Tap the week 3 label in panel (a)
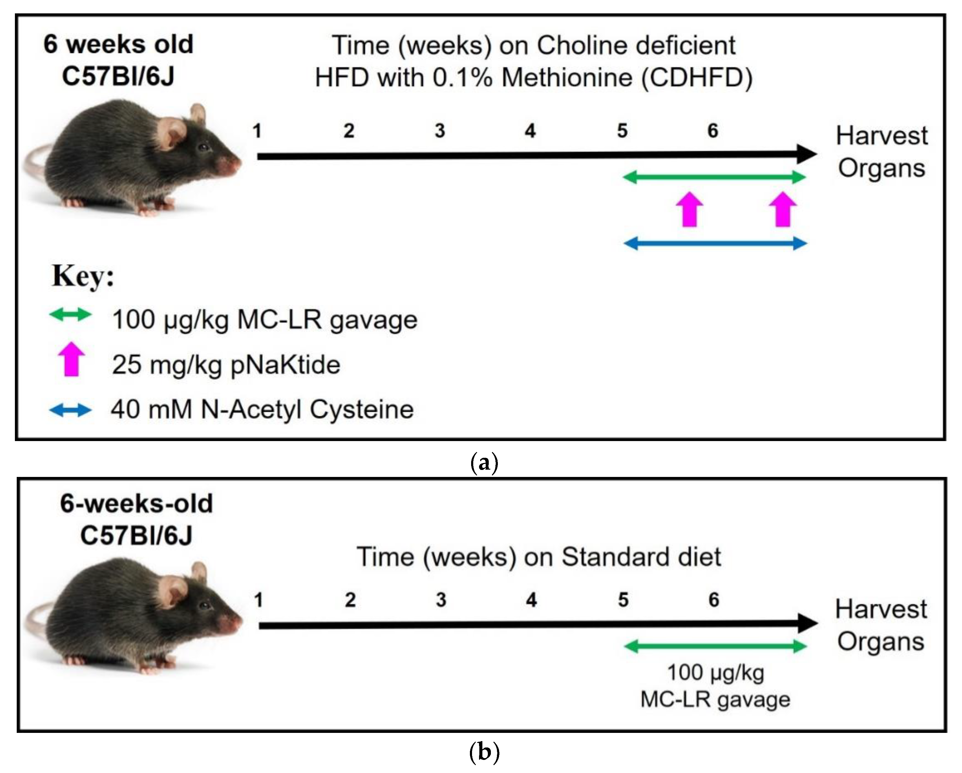pos(440,131)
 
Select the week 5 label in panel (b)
pos(623,600)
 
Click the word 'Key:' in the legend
pos(83,276)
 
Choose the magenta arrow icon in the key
pos(72,359)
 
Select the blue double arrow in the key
pos(70,410)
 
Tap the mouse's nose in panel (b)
pos(236,621)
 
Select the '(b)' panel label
pos(484,752)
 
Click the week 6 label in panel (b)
pos(714,600)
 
